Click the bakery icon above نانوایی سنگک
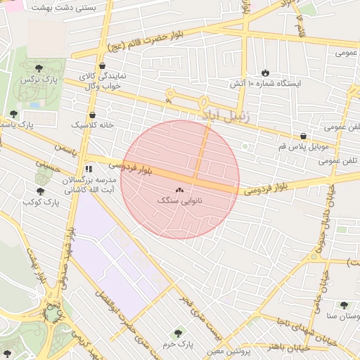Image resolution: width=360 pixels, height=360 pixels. tap(178, 190)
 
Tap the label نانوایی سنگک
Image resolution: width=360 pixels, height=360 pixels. tap(178, 200)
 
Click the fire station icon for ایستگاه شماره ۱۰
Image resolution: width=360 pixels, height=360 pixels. tap(265, 72)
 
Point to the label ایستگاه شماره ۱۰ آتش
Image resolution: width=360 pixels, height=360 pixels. tap(265, 83)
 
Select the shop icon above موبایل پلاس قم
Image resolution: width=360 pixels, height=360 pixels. tap(303, 136)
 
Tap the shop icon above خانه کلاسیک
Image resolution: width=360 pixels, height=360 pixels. tap(92, 115)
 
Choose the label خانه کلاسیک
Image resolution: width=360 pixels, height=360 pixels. tap(92, 124)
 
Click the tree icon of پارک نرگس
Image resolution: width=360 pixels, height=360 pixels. tap(38, 67)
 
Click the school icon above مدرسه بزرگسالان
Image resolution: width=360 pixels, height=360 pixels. tap(88, 169)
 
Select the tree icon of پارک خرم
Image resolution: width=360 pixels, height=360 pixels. tap(176, 333)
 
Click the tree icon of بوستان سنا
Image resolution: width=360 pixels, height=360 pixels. tap(344, 305)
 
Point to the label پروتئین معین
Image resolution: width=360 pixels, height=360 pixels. tap(229, 350)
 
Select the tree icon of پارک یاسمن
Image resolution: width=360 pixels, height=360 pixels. tap(13, 114)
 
